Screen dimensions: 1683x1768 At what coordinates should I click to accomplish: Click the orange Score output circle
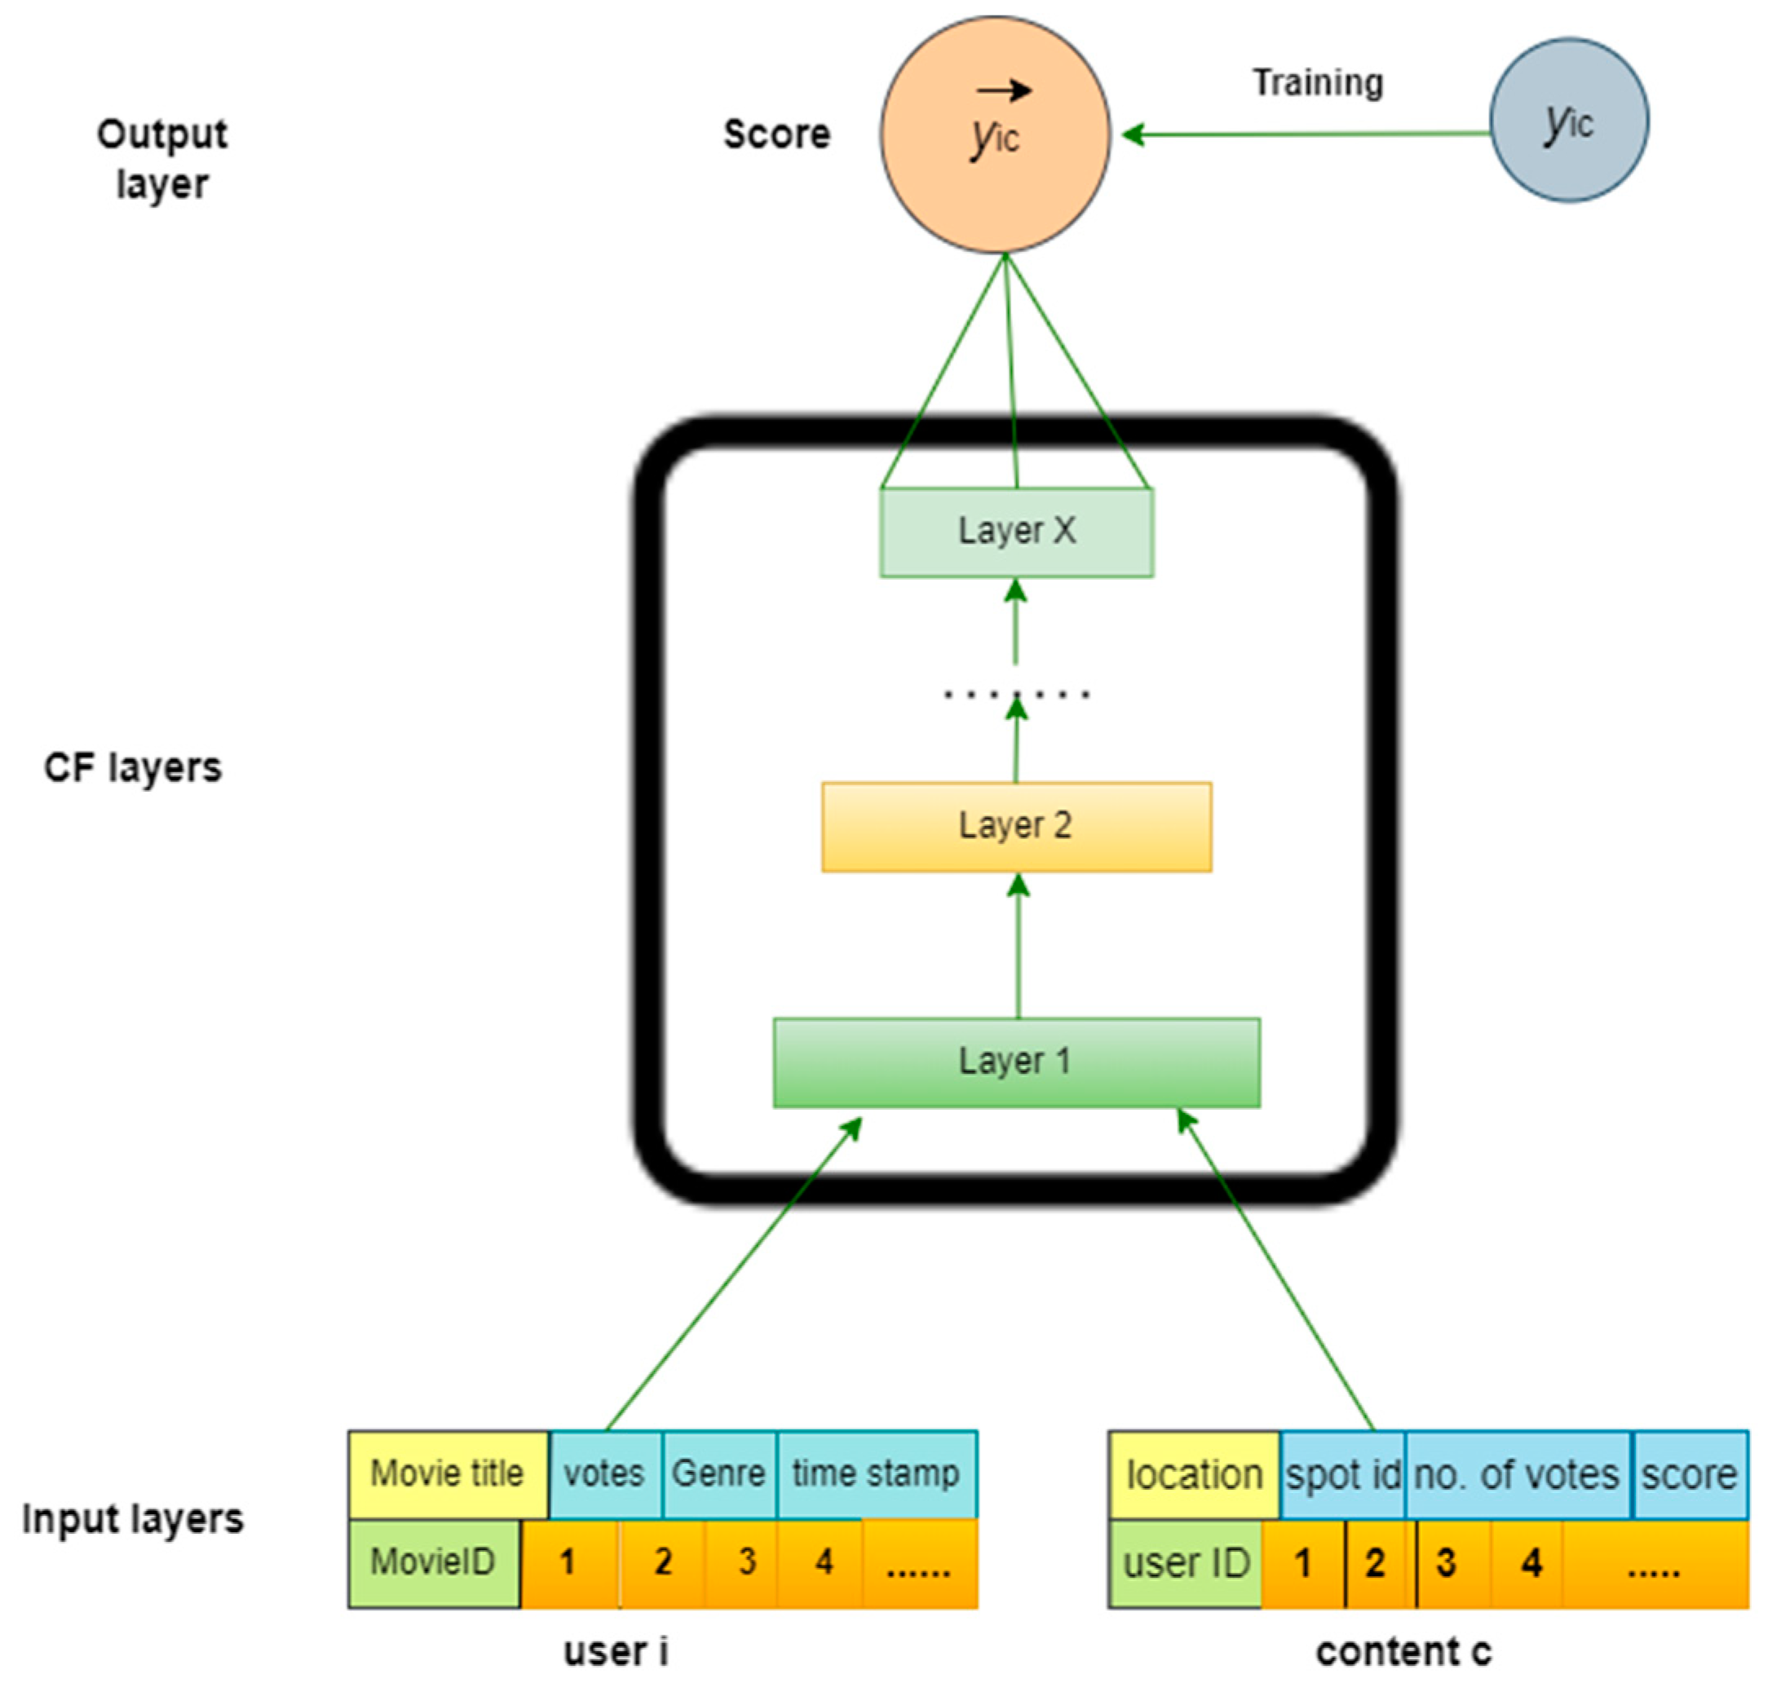994,135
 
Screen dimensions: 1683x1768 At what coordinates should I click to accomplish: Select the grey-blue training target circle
1568,120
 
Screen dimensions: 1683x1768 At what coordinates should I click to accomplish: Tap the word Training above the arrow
1317,82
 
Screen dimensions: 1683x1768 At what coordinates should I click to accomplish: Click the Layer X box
1015,531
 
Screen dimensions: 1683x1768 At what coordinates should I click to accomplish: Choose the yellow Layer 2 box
1015,825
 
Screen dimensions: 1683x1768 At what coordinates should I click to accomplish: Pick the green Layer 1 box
1015,1062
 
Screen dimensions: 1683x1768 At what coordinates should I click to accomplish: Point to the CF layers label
133,768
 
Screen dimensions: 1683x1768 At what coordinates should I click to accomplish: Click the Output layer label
161,159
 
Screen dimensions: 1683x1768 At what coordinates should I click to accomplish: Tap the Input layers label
133,1520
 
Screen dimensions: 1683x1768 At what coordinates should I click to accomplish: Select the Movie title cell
447,1473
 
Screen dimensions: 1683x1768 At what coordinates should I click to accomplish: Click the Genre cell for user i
718,1473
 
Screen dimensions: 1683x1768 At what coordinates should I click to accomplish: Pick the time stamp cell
876,1473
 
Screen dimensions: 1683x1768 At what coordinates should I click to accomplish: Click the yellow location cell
1193,1475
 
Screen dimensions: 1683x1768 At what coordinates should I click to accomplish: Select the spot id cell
1342,1475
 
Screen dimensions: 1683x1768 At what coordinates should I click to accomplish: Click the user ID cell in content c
1186,1564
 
